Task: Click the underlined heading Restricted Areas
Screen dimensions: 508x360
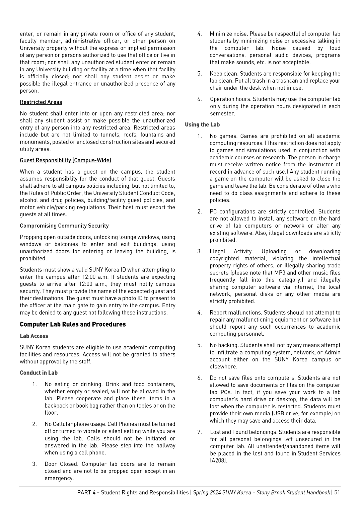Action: [41, 102]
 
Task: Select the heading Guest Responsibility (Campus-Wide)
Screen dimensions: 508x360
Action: [65, 160]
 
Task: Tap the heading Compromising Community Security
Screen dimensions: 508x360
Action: [64, 226]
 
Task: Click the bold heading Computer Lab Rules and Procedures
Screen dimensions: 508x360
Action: [73, 324]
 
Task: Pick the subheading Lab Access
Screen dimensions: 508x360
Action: [34, 336]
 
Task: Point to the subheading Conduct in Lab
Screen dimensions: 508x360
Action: [39, 373]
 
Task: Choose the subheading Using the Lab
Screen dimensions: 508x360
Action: [202, 124]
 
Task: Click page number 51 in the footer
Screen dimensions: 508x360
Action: [337, 492]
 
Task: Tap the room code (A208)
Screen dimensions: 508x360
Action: [219, 460]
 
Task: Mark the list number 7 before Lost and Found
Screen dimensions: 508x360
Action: [199, 432]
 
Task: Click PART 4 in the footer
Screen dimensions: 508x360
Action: [86, 492]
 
